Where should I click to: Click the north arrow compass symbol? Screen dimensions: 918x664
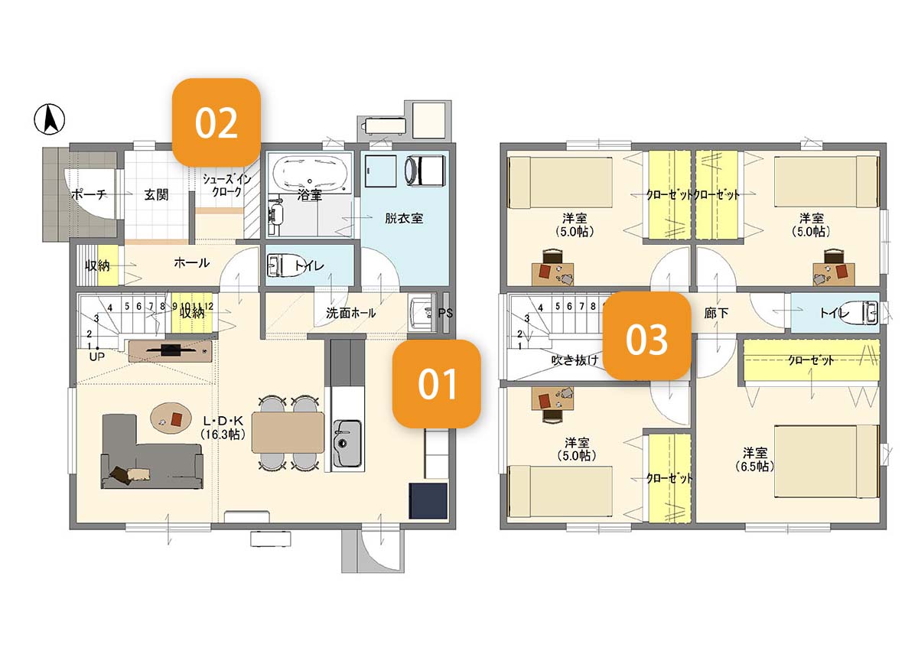pyautogui.click(x=49, y=119)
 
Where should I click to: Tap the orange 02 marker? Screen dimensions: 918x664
pyautogui.click(x=216, y=122)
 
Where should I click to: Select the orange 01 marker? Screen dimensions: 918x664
pyautogui.click(x=437, y=384)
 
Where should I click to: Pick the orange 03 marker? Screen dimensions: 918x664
pyautogui.click(x=646, y=336)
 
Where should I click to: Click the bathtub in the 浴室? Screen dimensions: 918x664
pyautogui.click(x=310, y=174)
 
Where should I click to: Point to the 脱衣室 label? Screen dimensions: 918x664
pyautogui.click(x=404, y=218)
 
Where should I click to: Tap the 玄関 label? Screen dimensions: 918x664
pyautogui.click(x=156, y=195)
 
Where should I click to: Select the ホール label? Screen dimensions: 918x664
pyautogui.click(x=191, y=262)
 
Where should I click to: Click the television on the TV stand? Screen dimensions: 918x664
pyautogui.click(x=171, y=350)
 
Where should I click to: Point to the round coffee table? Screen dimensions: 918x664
pyautogui.click(x=171, y=418)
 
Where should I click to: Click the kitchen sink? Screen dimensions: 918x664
pyautogui.click(x=347, y=443)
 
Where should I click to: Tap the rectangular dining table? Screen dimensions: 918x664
pyautogui.click(x=288, y=432)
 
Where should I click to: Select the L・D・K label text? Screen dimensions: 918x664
pyautogui.click(x=223, y=421)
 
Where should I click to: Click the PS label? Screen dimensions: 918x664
pyautogui.click(x=445, y=313)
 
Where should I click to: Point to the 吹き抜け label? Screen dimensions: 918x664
pyautogui.click(x=575, y=360)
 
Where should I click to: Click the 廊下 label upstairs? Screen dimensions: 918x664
pyautogui.click(x=716, y=313)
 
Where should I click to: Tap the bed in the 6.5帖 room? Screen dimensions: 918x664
pyautogui.click(x=827, y=461)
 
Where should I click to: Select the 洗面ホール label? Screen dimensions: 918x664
pyautogui.click(x=351, y=313)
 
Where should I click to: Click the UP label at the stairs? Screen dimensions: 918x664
pyautogui.click(x=96, y=357)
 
